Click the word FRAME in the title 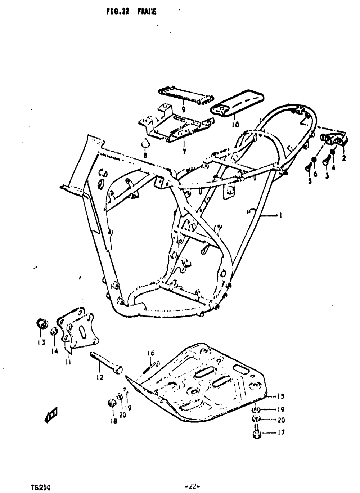point(147,12)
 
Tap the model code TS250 point(40,488)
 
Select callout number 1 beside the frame point(280,216)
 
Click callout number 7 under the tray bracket point(184,152)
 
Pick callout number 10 point(235,125)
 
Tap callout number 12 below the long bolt point(100,377)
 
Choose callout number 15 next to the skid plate point(281,396)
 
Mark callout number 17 point(281,433)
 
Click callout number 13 point(41,342)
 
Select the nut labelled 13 point(42,323)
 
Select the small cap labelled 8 point(145,143)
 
